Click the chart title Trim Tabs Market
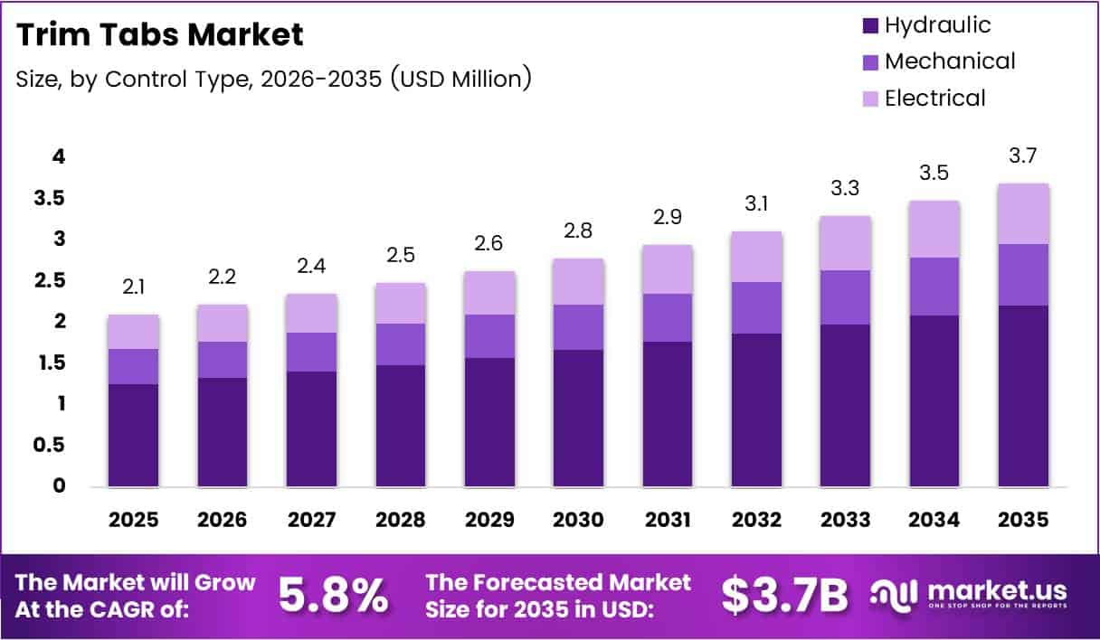click(160, 35)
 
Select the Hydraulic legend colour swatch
click(870, 25)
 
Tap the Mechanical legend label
click(950, 61)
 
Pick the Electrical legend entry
click(934, 98)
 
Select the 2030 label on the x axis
click(579, 520)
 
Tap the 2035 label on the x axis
click(1024, 520)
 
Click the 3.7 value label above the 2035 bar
click(1024, 157)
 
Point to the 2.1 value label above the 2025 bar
click(134, 288)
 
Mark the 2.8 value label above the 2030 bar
click(579, 231)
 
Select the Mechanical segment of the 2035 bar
click(1024, 275)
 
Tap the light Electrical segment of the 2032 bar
click(757, 257)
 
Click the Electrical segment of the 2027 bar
click(312, 313)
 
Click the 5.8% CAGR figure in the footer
click(333, 596)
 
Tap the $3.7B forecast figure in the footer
click(785, 596)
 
